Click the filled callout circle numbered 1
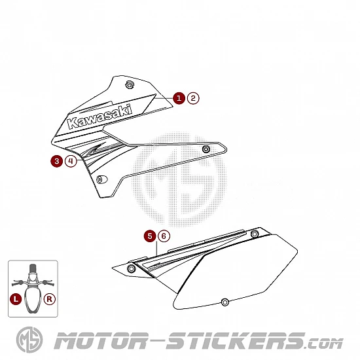pos(179,98)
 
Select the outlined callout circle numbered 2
pos(193,98)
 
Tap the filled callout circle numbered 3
pos(56,161)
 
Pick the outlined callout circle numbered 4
pos(71,161)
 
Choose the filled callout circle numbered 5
pos(150,236)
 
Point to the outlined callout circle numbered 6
pos(164,236)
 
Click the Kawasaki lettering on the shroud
pos(100,117)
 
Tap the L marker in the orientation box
pos(16,299)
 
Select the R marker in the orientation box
pos(49,299)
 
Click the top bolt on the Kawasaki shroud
pos(130,84)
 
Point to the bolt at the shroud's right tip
pos(206,149)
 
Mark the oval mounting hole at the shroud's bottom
pos(101,179)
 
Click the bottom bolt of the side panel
pos(225,302)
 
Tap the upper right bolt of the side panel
pos(255,234)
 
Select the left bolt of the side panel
pos(131,268)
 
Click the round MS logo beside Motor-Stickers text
pos(29,340)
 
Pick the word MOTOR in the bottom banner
pos(101,340)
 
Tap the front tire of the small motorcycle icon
pos(33,268)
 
